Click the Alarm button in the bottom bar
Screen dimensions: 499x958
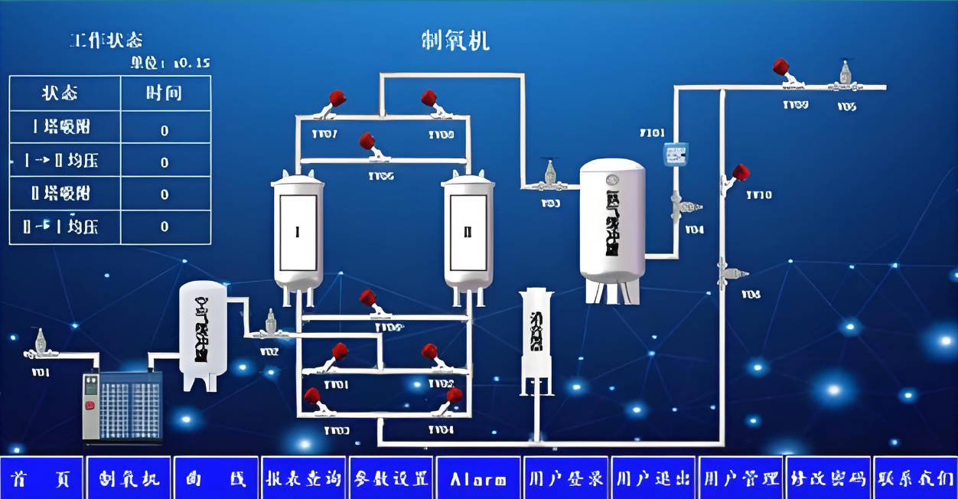[x=478, y=479]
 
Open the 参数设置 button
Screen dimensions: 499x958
[x=391, y=479]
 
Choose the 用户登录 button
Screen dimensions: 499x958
[x=566, y=479]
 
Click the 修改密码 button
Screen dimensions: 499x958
[x=828, y=479]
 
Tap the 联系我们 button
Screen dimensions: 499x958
[x=915, y=479]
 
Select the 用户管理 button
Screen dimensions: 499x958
[x=741, y=479]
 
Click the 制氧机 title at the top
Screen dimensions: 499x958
[x=455, y=41]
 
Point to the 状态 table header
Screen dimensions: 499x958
[x=60, y=93]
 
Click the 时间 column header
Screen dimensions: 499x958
[x=164, y=93]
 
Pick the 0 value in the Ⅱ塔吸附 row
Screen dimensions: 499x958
[x=165, y=194]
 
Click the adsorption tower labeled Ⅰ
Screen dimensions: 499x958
[x=298, y=233]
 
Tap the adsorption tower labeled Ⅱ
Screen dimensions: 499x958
[x=468, y=233]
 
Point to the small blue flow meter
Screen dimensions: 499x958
[x=675, y=155]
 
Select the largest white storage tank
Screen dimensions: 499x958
[x=612, y=226]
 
